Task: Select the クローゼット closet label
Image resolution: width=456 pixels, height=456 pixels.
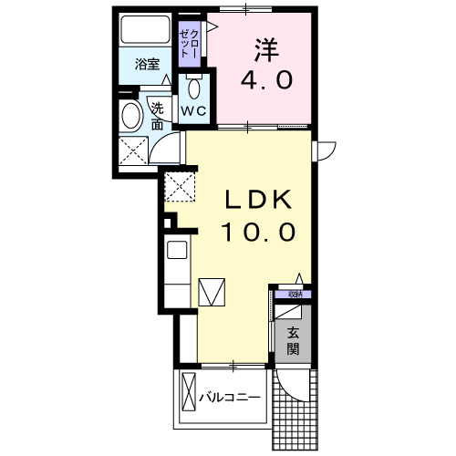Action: pyautogui.click(x=188, y=41)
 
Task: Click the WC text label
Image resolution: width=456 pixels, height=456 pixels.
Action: pyautogui.click(x=193, y=109)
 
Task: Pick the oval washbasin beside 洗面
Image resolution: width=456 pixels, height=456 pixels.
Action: pyautogui.click(x=130, y=117)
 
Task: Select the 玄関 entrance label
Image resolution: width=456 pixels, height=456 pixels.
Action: pyautogui.click(x=293, y=339)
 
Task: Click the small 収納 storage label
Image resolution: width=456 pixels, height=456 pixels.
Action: pyautogui.click(x=294, y=295)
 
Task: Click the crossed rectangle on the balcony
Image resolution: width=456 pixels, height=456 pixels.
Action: pyautogui.click(x=189, y=394)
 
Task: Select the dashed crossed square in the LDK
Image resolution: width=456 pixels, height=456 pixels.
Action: pyautogui.click(x=181, y=188)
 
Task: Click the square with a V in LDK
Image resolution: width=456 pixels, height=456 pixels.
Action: pyautogui.click(x=212, y=291)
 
